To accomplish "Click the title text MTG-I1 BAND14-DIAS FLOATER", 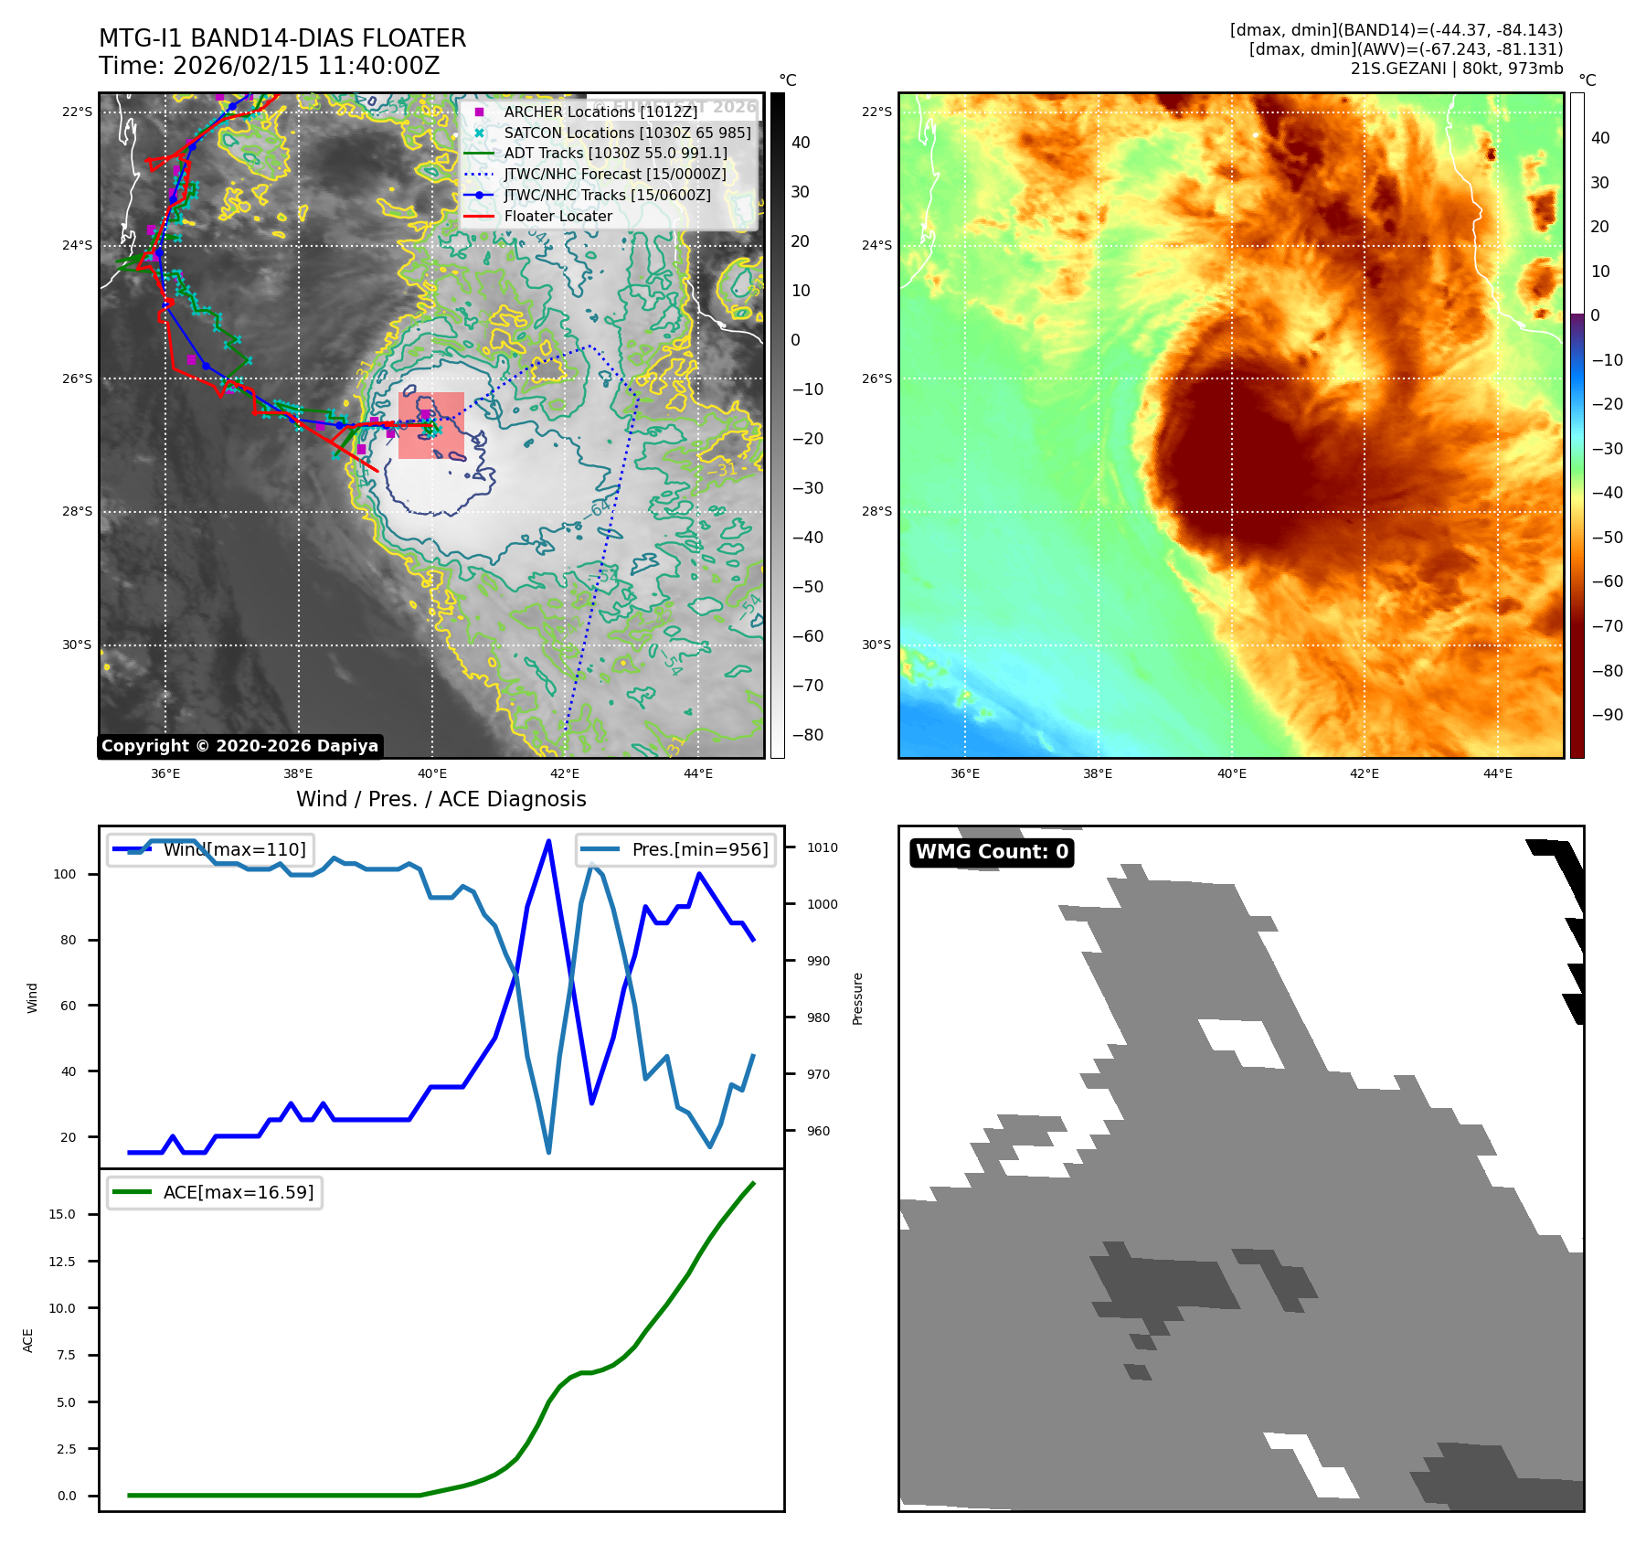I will (x=282, y=38).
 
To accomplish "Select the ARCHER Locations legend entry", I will (x=600, y=112).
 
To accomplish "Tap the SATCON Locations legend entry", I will (x=627, y=133).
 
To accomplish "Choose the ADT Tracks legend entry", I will (x=615, y=154).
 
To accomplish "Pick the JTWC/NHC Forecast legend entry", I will (x=614, y=174).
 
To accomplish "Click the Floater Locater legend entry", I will (x=558, y=216).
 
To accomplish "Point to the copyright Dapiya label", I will (x=239, y=746).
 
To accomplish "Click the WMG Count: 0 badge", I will (x=992, y=852).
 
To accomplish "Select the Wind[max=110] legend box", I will (x=211, y=849).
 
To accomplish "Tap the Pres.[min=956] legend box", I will (x=676, y=849).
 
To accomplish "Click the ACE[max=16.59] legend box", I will (x=215, y=1192).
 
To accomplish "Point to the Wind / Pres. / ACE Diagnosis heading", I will (x=441, y=799).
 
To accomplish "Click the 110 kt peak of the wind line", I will (x=548, y=841).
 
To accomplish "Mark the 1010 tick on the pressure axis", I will (x=822, y=847).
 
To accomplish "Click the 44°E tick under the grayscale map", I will (x=698, y=774).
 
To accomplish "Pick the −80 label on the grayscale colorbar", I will (x=807, y=735).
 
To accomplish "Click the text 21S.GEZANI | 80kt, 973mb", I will (x=1456, y=69).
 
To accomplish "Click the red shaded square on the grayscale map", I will (x=431, y=425).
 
